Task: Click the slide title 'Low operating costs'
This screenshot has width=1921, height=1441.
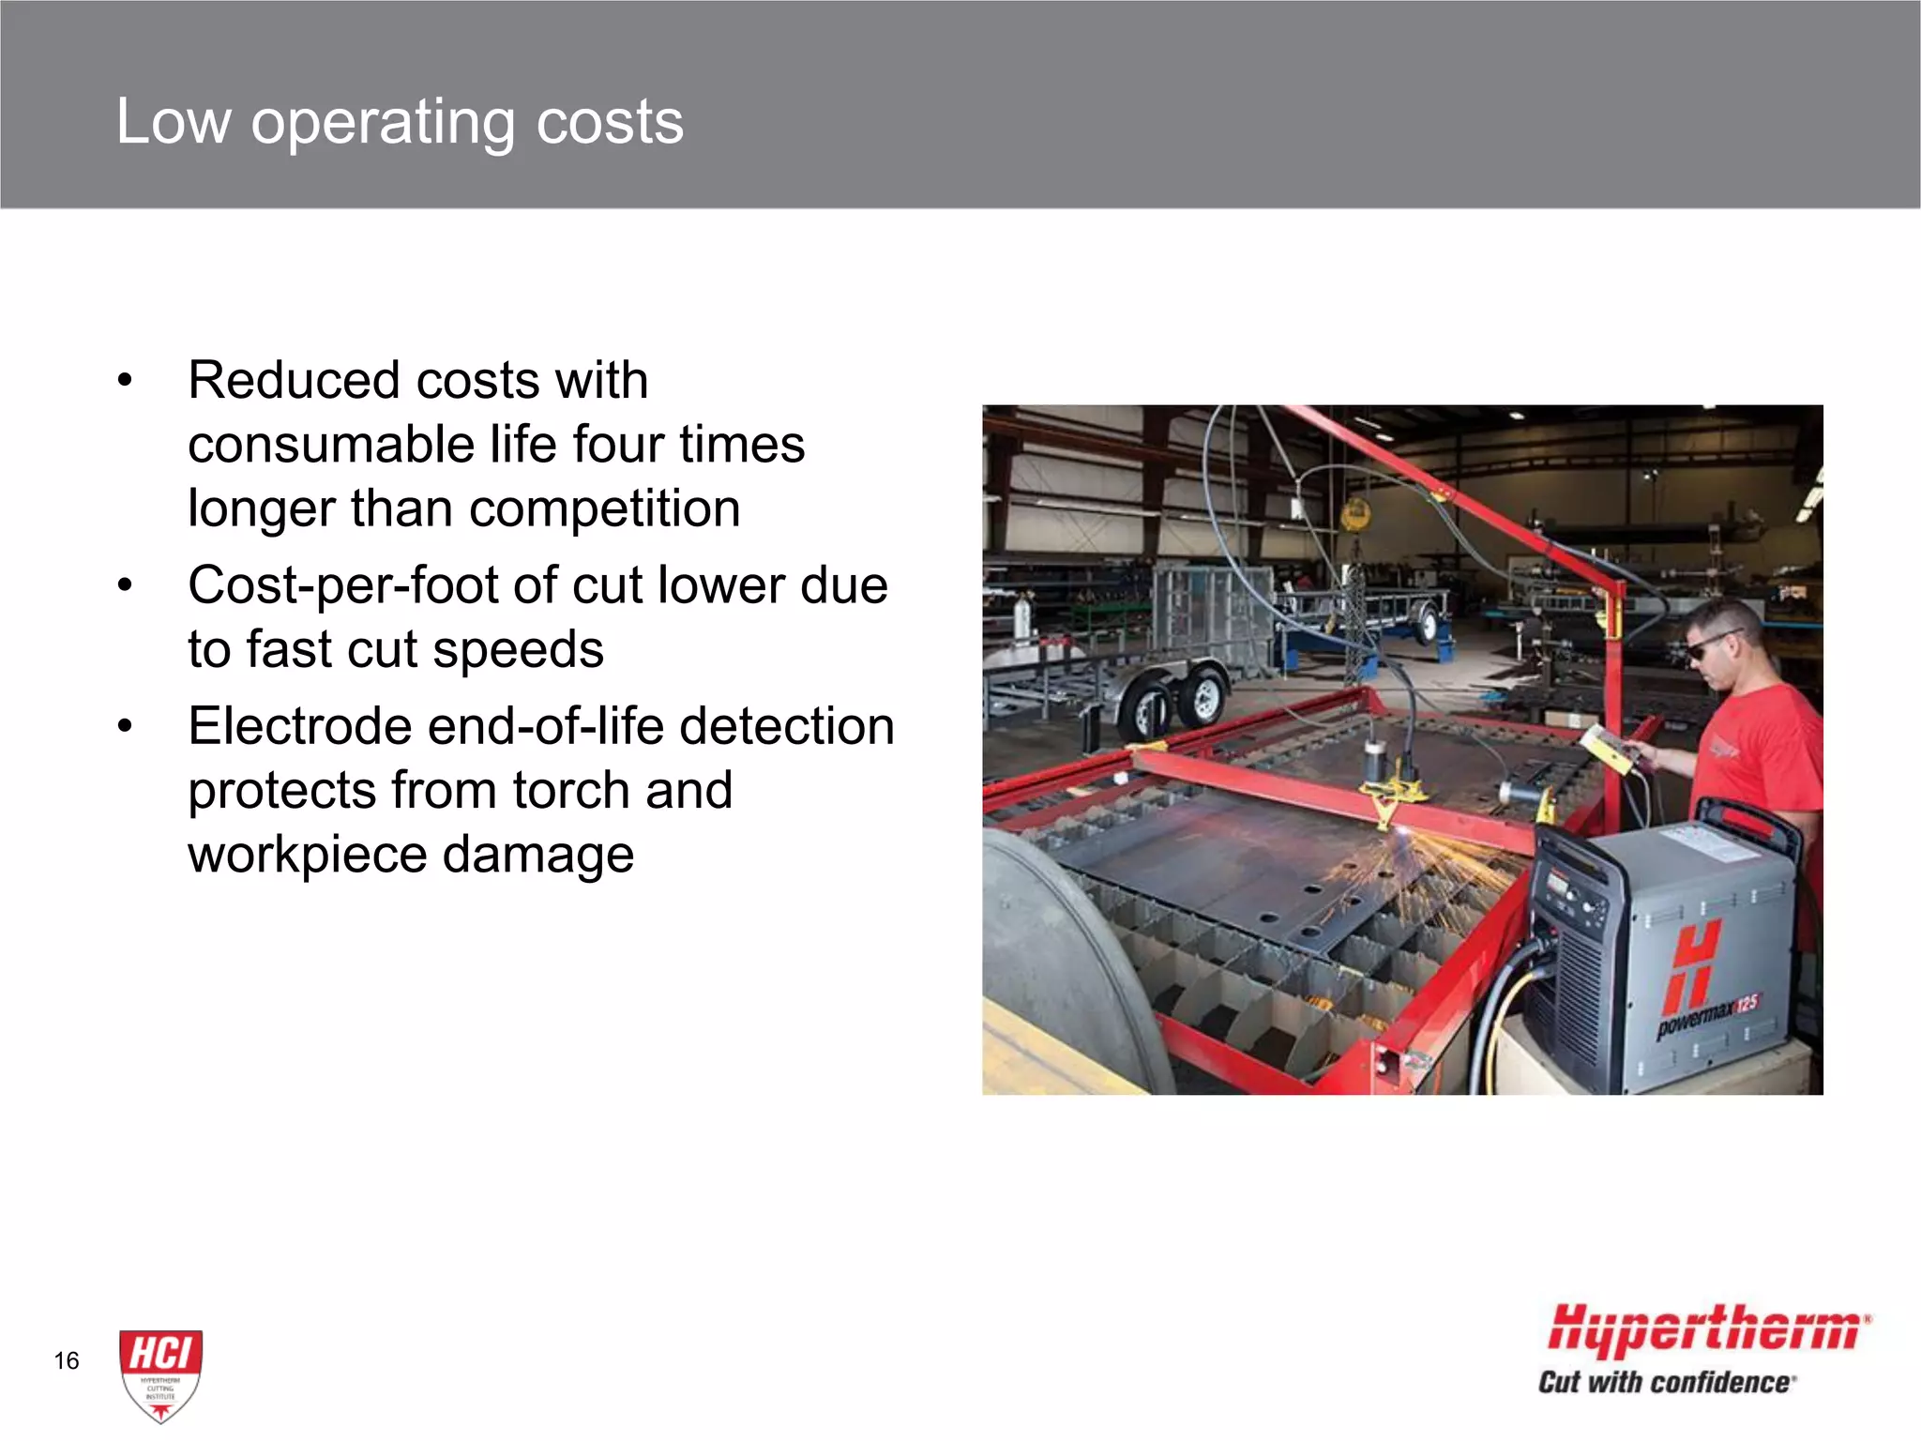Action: pyautogui.click(x=400, y=122)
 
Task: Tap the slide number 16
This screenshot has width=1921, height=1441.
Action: pyautogui.click(x=67, y=1360)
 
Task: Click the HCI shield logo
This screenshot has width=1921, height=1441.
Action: pyautogui.click(x=160, y=1374)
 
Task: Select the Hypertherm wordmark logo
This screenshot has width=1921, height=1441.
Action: pyautogui.click(x=1706, y=1330)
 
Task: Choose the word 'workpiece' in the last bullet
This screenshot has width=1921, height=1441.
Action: pyautogui.click(x=307, y=854)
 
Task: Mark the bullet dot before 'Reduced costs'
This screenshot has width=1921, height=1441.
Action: pyautogui.click(x=125, y=382)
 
